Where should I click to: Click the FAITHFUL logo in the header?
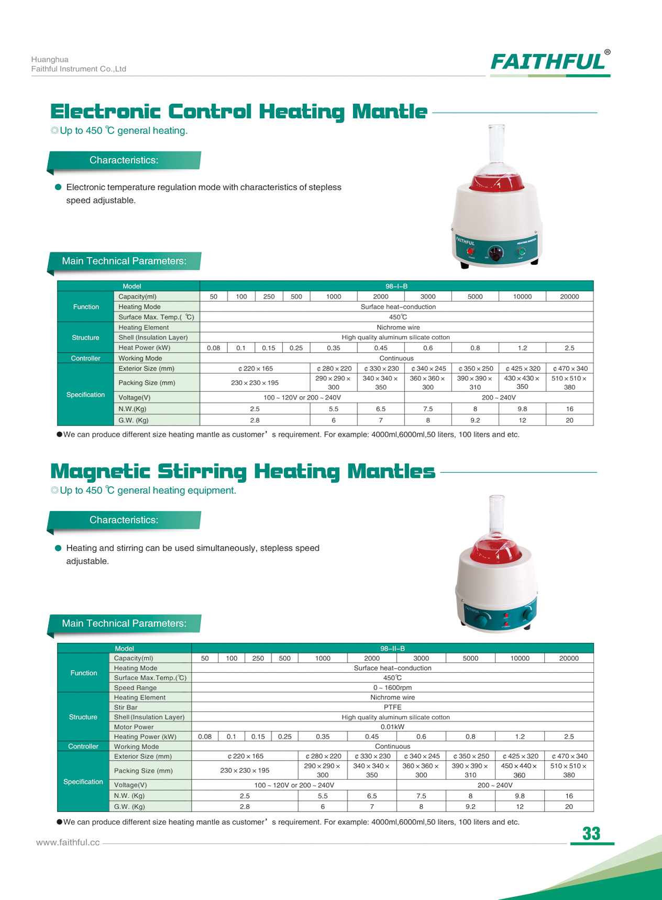click(x=548, y=62)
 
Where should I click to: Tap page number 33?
click(x=591, y=834)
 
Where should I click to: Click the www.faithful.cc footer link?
click(x=68, y=842)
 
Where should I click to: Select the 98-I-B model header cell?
click(x=396, y=286)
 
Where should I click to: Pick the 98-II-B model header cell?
click(x=392, y=648)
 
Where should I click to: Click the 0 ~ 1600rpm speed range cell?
click(x=392, y=687)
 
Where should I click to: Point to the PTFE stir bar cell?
click(x=392, y=707)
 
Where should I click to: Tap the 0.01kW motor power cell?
click(x=392, y=727)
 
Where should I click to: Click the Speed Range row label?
click(x=135, y=688)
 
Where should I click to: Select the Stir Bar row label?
click(x=126, y=707)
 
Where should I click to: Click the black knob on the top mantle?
click(x=495, y=253)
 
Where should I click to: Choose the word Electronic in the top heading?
click(x=105, y=112)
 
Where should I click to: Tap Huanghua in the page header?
click(x=50, y=60)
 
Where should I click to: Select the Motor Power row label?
click(x=134, y=727)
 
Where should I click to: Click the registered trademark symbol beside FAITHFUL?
click(x=607, y=52)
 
